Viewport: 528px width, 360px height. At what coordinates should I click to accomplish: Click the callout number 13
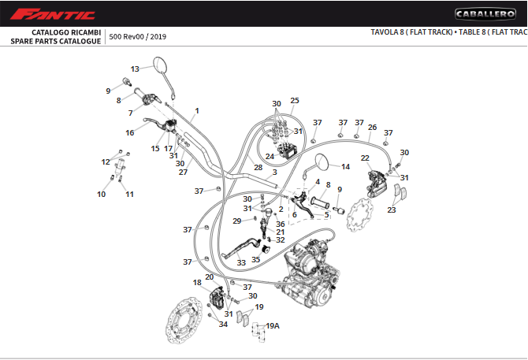[135, 69]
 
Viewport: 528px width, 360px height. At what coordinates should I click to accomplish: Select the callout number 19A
[273, 325]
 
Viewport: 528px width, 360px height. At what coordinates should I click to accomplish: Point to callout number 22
[365, 158]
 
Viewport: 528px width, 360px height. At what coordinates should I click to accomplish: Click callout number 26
[372, 127]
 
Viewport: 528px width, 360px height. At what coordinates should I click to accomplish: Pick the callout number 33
[241, 262]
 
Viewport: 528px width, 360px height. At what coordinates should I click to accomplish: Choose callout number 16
[129, 133]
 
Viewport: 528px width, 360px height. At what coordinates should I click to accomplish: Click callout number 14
[344, 166]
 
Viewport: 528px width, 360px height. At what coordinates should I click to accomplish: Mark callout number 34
[223, 325]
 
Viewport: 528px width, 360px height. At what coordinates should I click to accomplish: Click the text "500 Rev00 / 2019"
[138, 36]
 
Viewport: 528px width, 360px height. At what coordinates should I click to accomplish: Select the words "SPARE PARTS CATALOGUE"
[56, 41]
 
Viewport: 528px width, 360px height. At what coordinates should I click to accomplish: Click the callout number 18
[197, 282]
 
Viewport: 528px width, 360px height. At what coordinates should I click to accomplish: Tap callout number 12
[106, 161]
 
